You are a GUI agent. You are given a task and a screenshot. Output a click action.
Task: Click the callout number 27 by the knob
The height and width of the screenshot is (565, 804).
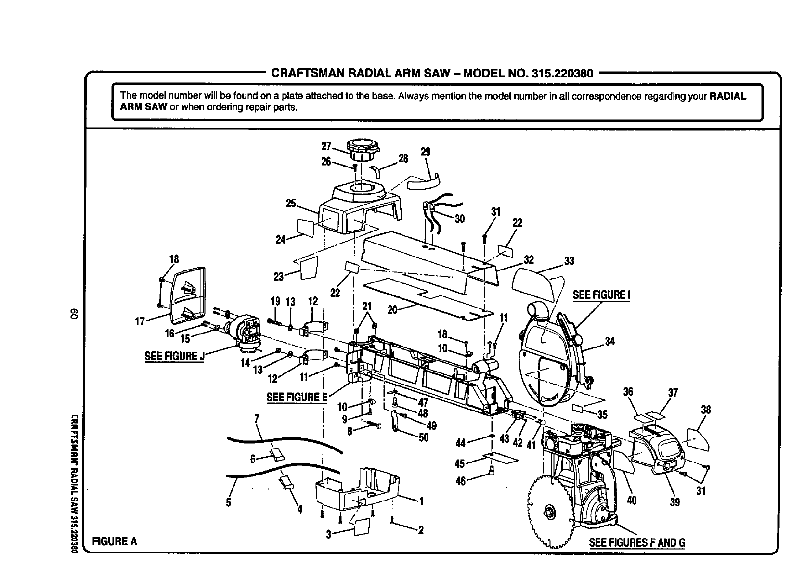(x=326, y=146)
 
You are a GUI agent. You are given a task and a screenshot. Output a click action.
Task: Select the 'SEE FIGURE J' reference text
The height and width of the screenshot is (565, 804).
(x=174, y=357)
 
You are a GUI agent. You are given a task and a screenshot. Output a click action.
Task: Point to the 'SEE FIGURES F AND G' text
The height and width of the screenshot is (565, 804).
(x=637, y=542)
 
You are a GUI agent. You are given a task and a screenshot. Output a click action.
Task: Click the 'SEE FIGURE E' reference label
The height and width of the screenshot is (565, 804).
(x=297, y=397)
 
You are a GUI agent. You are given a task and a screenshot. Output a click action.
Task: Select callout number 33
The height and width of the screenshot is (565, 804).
(x=569, y=261)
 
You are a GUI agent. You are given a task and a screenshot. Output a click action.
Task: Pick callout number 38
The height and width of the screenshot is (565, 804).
(x=706, y=410)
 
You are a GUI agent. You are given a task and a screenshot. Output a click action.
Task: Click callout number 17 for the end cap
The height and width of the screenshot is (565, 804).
(x=140, y=321)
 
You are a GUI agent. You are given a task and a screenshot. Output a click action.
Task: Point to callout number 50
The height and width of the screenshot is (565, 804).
(x=424, y=437)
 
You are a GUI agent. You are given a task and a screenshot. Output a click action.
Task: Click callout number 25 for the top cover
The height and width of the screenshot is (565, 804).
(x=291, y=204)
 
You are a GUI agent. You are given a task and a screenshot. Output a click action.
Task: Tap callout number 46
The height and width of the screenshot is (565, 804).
(x=460, y=480)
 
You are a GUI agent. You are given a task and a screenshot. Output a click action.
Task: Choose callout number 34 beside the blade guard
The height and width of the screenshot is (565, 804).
(x=610, y=342)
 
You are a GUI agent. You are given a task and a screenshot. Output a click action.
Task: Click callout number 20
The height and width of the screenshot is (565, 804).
(x=392, y=310)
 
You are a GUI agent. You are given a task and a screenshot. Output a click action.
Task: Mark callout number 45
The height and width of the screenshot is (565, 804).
(x=460, y=463)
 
